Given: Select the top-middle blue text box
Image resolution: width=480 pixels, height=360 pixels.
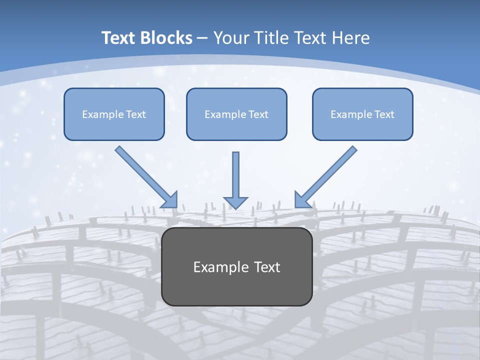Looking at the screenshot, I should pos(236,126).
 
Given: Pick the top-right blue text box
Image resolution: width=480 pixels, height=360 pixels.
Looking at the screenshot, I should pos(362,126).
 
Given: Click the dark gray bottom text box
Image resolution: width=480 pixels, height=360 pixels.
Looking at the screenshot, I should pos(236,287).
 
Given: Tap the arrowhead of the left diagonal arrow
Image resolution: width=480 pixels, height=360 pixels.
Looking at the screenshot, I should pos(170,200).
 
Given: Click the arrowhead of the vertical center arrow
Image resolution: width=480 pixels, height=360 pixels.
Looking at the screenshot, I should pos(235,202).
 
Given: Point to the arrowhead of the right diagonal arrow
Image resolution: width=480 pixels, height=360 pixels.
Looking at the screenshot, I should pos(301,200).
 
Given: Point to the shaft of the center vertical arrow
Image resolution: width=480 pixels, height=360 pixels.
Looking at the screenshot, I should pos(235,172).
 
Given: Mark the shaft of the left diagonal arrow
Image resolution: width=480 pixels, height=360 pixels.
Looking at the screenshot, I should pos(142,172).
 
